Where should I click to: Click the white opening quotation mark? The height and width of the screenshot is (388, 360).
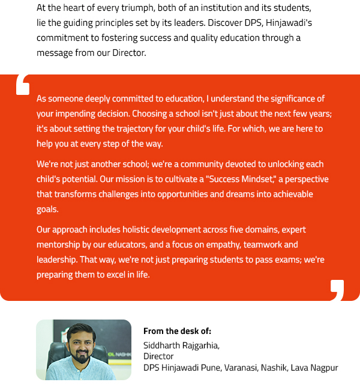click(22, 85)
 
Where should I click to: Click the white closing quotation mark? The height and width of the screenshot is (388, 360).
click(337, 289)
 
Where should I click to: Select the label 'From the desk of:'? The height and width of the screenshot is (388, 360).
click(177, 331)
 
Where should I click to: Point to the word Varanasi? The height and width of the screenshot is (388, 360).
click(241, 368)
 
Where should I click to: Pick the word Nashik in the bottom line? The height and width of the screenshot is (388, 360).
click(274, 368)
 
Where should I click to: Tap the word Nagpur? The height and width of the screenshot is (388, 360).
click(325, 368)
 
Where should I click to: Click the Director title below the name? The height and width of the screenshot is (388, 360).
click(158, 356)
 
